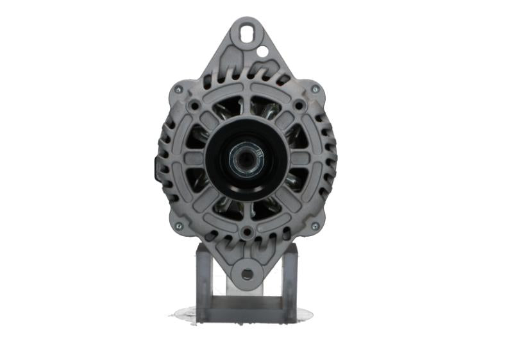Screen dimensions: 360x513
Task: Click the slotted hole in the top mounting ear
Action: [x=247, y=30]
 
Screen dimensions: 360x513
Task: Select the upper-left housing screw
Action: [x=178, y=89]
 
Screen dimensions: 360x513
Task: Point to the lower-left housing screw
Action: [x=178, y=226]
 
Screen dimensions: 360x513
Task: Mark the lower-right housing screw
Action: [x=315, y=226]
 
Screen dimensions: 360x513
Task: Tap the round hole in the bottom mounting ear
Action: [x=247, y=275]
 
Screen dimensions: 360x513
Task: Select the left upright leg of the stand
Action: [x=203, y=282]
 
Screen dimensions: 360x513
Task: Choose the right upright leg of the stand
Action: [x=289, y=282]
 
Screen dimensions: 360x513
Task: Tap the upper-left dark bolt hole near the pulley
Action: [x=194, y=104]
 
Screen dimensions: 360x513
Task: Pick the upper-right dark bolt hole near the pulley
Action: [x=298, y=104]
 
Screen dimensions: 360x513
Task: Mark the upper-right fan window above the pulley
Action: [x=267, y=109]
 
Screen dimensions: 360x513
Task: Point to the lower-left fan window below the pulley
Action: [x=224, y=205]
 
